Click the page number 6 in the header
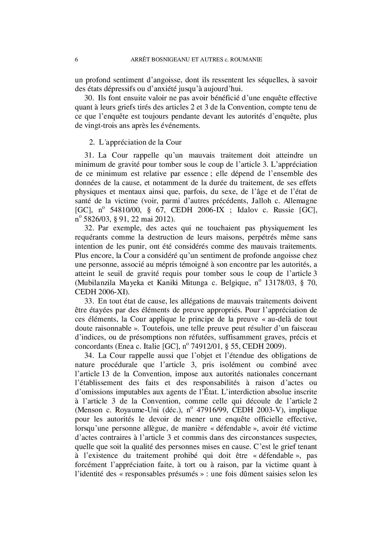(x=77, y=59)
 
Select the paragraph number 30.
(x=89, y=98)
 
